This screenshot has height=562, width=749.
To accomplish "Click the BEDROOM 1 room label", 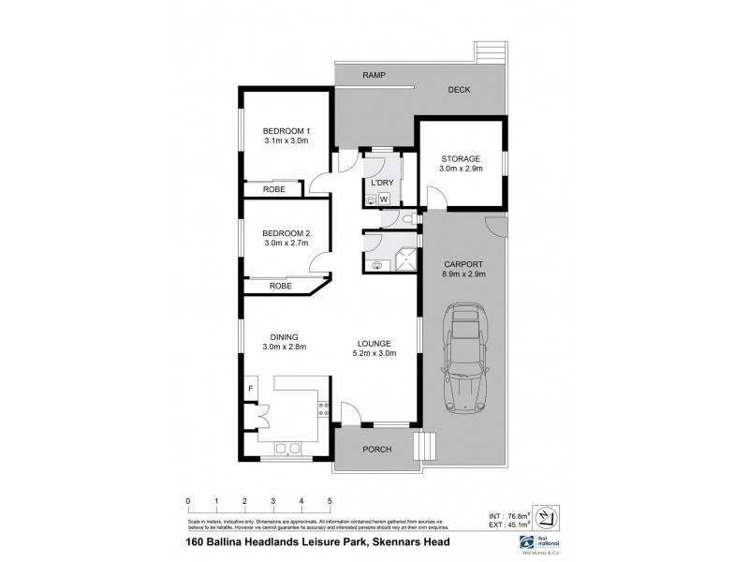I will coord(286,130).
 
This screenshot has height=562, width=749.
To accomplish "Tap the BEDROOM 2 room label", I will coord(286,233).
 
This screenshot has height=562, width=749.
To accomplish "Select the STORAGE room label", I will coord(461,158).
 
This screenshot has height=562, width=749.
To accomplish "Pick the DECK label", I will coord(458,90).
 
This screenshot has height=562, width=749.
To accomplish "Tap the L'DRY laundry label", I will coord(381,183).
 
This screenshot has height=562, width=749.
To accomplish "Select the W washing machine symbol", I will coord(383,199).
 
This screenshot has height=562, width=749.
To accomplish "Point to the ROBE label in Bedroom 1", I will coord(273,190).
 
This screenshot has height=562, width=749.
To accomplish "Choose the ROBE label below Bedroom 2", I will coord(280,286).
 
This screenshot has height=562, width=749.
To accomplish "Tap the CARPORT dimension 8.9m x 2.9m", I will coord(464,275).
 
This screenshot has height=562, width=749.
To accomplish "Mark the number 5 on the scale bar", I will coord(330,500).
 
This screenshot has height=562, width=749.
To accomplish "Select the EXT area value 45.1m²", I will coord(514,525).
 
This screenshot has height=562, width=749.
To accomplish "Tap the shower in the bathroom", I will coord(404,255).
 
